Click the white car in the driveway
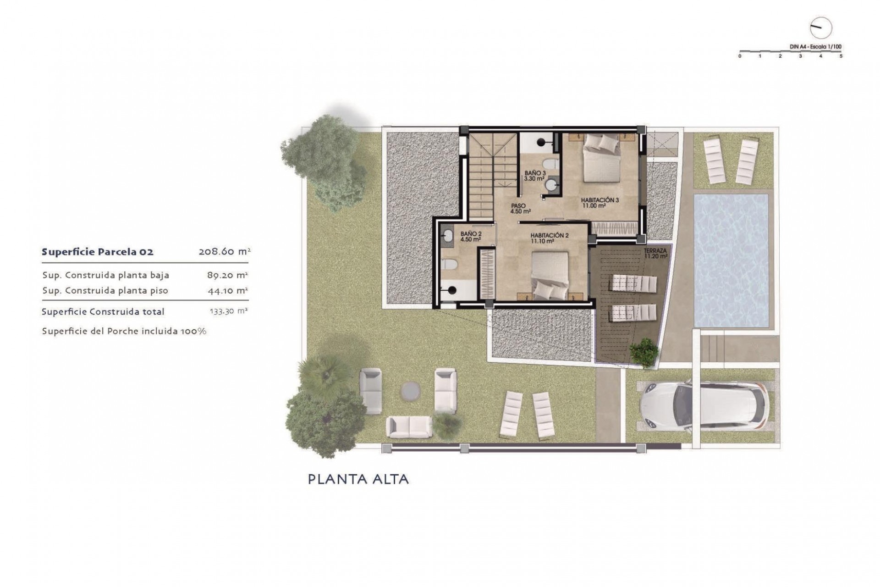point(704,406)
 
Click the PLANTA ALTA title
point(358,480)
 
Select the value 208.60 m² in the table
point(224,252)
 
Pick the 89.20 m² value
point(227,275)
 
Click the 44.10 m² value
point(227,291)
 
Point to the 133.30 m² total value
point(228,311)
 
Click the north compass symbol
point(820,28)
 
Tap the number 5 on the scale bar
point(841,56)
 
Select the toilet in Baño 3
point(549,164)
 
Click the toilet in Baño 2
point(449,265)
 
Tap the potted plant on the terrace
point(644,352)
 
